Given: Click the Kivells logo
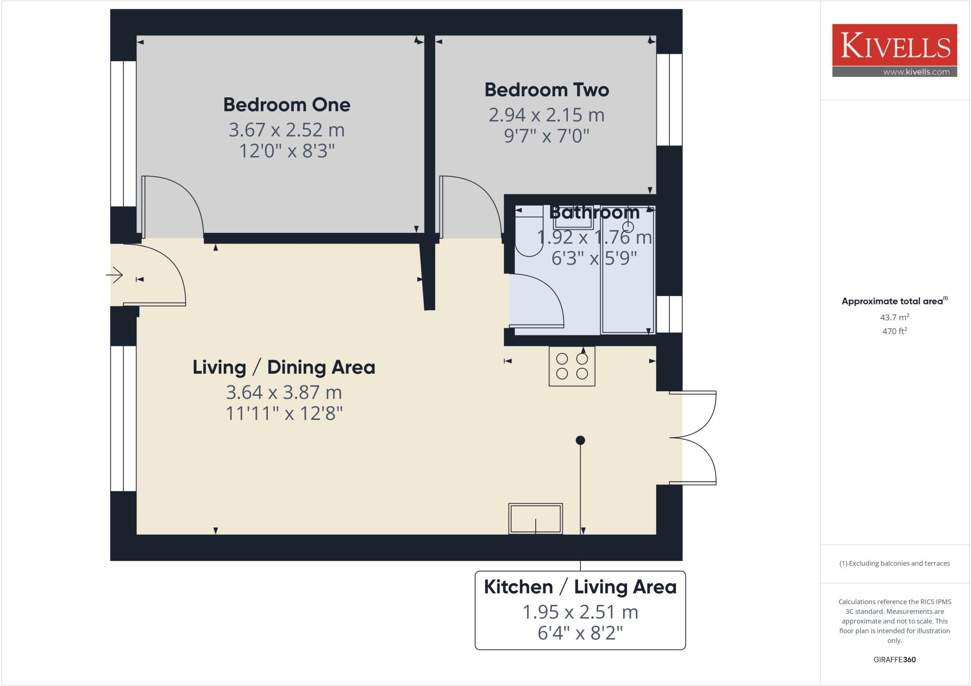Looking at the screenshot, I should (x=894, y=46).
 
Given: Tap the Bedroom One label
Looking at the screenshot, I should (x=286, y=105).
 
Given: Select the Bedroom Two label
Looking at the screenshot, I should (x=546, y=90).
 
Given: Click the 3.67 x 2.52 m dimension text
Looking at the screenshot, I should (x=286, y=130).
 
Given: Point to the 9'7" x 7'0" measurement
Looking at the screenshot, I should (x=546, y=136).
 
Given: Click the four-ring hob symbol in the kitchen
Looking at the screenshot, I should (x=572, y=366).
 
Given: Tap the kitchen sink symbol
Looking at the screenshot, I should (x=535, y=519).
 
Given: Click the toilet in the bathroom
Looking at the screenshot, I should (x=528, y=232).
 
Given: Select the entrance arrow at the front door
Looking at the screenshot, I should (x=114, y=275).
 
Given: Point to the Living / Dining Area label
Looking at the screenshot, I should (x=284, y=367).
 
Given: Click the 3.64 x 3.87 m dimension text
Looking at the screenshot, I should (x=284, y=392).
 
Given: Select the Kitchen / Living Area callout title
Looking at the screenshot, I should (x=580, y=587).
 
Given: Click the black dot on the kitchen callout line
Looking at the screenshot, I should (x=580, y=440).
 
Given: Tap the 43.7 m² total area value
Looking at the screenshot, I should (x=894, y=317).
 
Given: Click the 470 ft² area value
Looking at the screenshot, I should (x=894, y=331).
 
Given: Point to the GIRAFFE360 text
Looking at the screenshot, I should (x=894, y=659).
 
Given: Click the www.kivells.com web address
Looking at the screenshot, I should (x=916, y=72).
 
